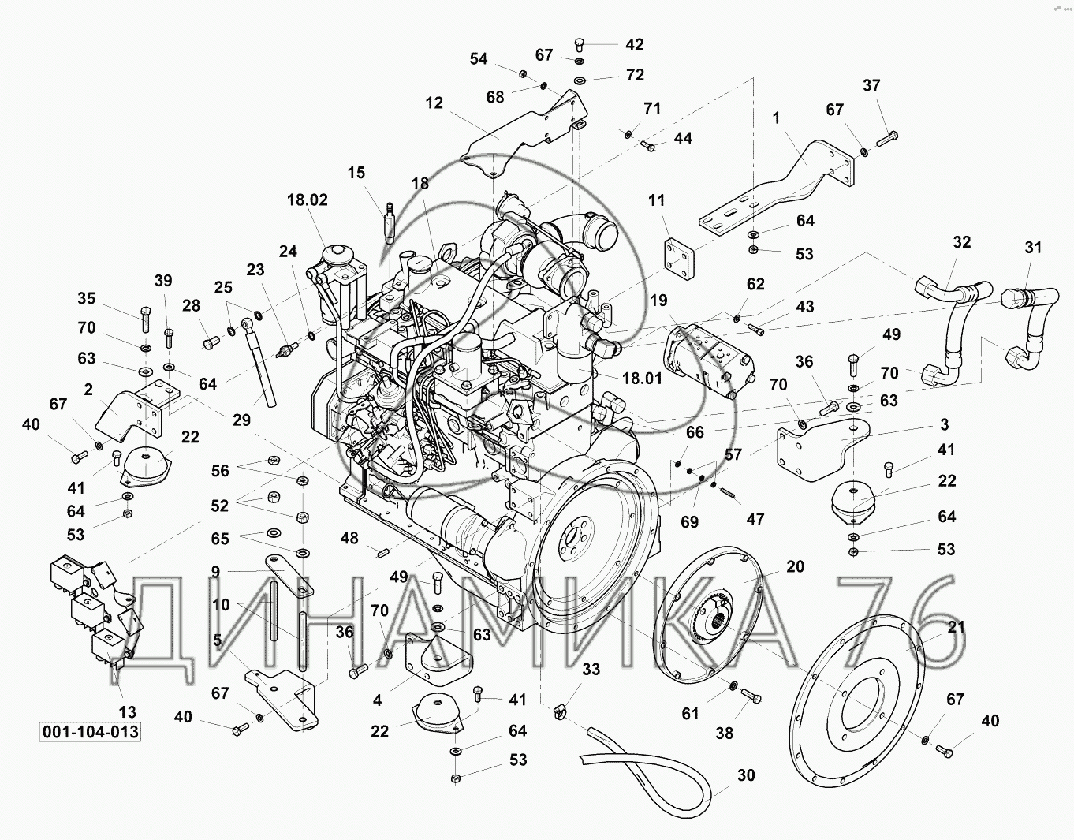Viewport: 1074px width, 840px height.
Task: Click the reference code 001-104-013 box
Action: [91, 732]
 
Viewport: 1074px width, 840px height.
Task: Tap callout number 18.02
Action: [308, 200]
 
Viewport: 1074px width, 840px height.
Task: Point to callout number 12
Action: [434, 103]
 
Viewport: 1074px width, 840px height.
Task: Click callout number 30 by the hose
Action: [746, 775]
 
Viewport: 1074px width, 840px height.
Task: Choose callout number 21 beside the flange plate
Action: [957, 627]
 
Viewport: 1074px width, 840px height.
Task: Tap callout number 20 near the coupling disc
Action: [795, 567]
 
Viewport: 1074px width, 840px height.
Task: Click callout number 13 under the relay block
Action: [127, 712]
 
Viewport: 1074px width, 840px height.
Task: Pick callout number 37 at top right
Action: [871, 85]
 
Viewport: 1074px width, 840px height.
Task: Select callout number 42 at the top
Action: [635, 45]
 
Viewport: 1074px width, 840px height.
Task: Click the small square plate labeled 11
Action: [679, 261]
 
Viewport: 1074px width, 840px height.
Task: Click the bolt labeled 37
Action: [886, 139]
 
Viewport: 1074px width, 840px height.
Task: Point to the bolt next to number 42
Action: [580, 46]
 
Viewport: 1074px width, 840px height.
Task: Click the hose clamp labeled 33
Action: [560, 713]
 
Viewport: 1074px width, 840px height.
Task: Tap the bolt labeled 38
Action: [751, 697]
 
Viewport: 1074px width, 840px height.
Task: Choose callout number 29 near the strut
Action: [241, 420]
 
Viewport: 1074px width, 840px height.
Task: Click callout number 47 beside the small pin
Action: [755, 518]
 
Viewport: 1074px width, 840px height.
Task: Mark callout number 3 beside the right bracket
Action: [945, 424]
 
